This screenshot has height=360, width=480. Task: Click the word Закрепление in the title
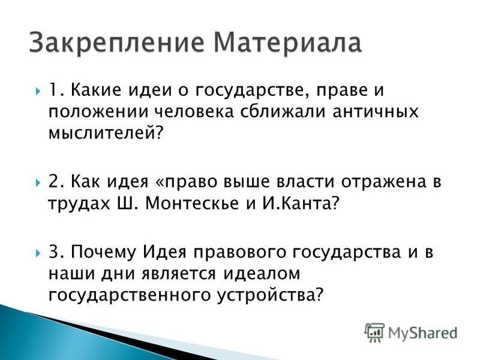pyautogui.click(x=116, y=43)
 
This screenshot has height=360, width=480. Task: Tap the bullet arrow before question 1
pyautogui.click(x=38, y=91)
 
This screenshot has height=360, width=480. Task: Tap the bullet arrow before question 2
pyautogui.click(x=38, y=183)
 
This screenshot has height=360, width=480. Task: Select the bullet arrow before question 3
pyautogui.click(x=38, y=253)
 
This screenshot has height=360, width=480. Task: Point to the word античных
pyautogui.click(x=376, y=112)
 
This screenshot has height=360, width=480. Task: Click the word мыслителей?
pyautogui.click(x=105, y=133)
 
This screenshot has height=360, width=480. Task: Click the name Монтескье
pyautogui.click(x=192, y=203)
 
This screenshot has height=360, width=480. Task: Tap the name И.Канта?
pyautogui.click(x=301, y=203)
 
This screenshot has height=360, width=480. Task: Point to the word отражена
pyautogui.click(x=383, y=183)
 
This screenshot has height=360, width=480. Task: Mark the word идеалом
pyautogui.click(x=261, y=274)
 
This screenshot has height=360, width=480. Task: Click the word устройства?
pyautogui.click(x=270, y=295)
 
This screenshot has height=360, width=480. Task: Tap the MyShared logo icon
pyautogui.click(x=374, y=332)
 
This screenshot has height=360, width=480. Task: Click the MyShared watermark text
pyautogui.click(x=422, y=334)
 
